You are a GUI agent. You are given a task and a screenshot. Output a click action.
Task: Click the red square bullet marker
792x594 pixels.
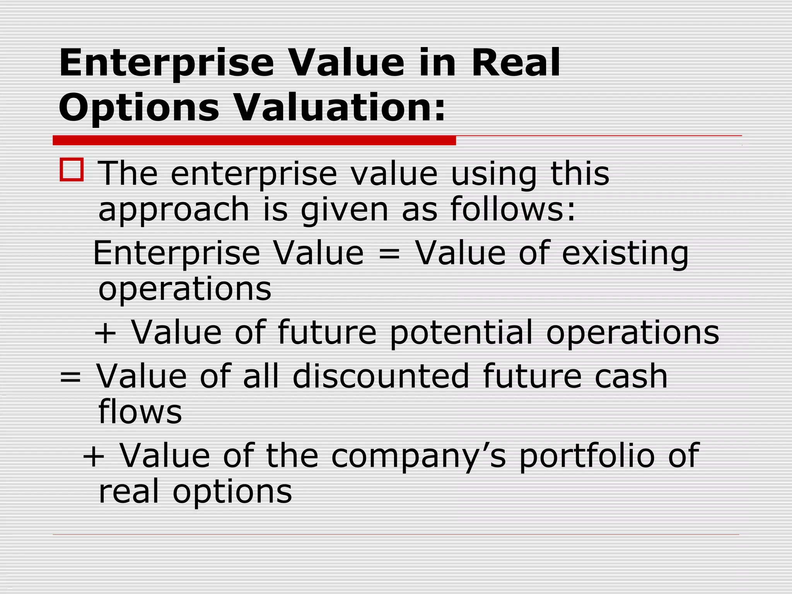tap(72, 170)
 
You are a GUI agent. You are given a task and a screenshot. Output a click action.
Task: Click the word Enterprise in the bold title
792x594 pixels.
tap(166, 63)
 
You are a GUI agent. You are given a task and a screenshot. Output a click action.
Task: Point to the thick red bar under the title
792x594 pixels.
tap(254, 140)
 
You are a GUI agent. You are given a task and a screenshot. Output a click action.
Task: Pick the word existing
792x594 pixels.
tap(625, 254)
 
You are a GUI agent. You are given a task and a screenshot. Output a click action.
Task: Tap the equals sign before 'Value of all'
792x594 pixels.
tap(70, 377)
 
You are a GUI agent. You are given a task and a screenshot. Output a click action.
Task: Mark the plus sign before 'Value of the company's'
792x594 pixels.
tap(94, 457)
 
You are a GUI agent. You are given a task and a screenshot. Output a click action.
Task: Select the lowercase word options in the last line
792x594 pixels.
tap(232, 492)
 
